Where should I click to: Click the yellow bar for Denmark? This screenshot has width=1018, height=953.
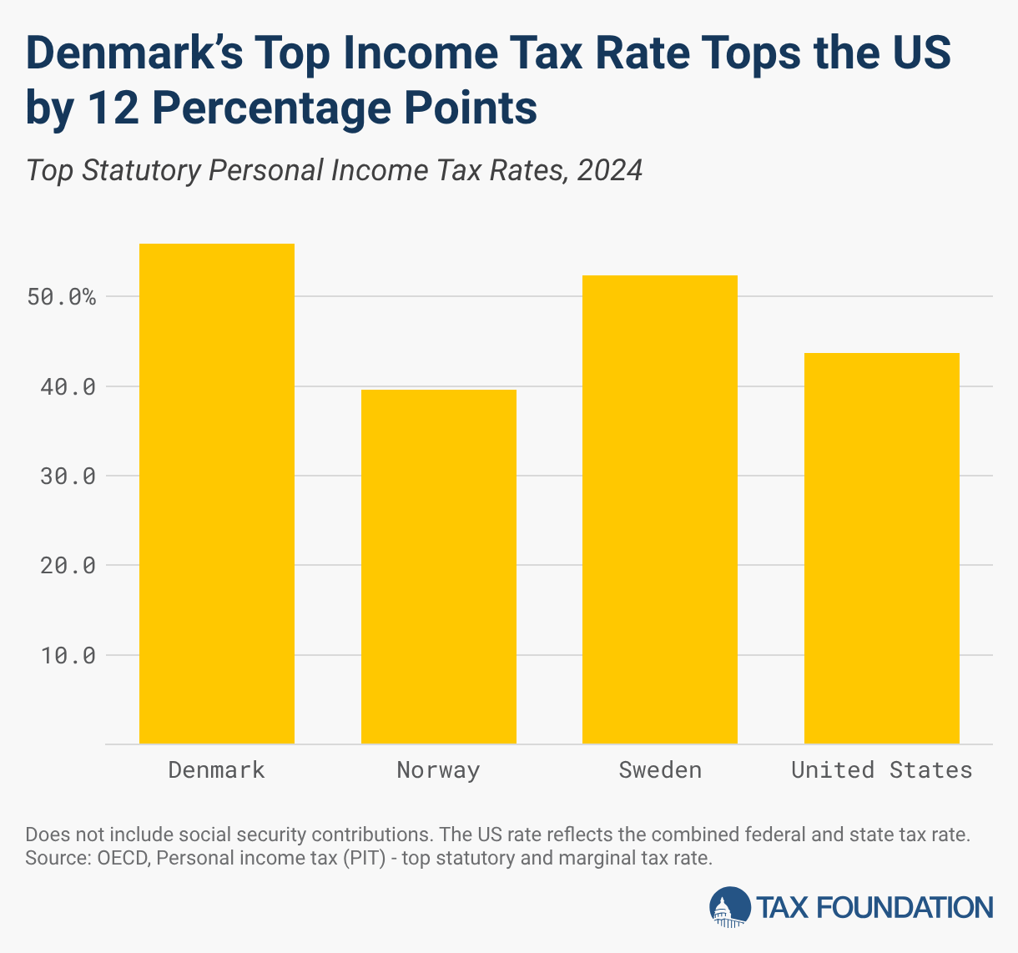(x=217, y=493)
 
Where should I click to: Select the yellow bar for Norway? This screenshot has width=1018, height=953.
(x=439, y=567)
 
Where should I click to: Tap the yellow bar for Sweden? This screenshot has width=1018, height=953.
(x=660, y=509)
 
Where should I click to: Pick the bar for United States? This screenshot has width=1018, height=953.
(x=882, y=548)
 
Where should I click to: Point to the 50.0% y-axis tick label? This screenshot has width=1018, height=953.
(x=61, y=297)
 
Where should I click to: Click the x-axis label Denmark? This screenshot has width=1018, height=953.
(x=217, y=769)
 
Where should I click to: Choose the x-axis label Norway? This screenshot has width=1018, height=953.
(x=439, y=769)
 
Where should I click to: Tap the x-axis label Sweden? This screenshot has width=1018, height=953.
(x=660, y=769)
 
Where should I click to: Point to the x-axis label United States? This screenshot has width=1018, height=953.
(x=882, y=769)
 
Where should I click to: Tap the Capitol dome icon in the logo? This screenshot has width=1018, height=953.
(x=729, y=906)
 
